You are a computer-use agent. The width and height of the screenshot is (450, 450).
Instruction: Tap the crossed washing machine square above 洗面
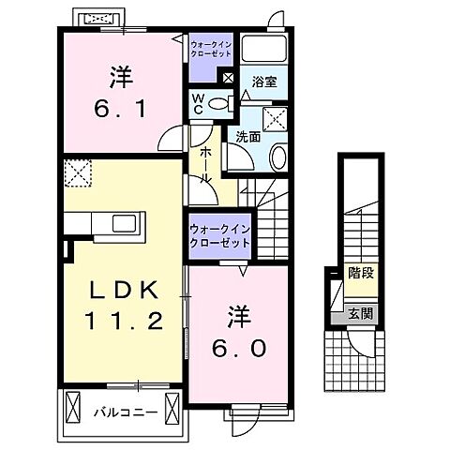tap(276, 118)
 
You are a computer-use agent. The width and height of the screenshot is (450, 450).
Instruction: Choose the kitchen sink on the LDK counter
tap(125, 224)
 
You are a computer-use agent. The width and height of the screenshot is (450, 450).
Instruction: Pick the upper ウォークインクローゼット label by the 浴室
tap(210, 50)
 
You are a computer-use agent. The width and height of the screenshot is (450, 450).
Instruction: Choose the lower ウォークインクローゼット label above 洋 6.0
tap(219, 236)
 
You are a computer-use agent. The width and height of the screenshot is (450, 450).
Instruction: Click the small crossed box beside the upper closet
tap(229, 77)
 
